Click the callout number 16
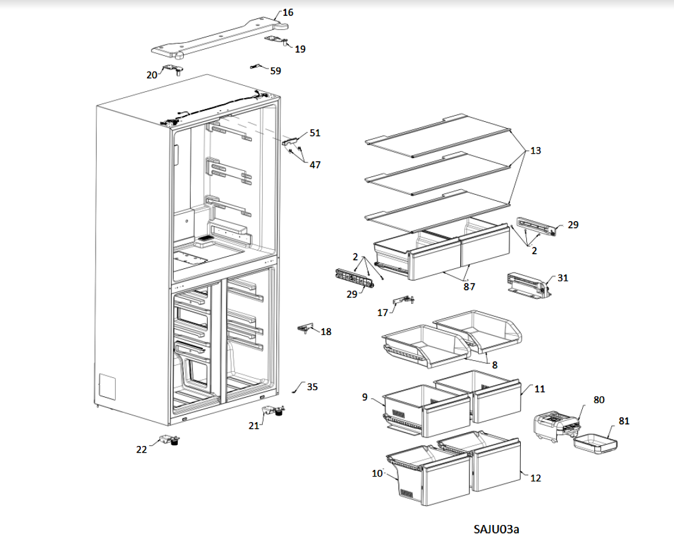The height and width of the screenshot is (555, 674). (287, 12)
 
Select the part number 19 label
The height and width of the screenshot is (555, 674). (300, 49)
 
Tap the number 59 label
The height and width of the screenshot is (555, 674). (276, 71)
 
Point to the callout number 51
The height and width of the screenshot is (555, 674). (315, 133)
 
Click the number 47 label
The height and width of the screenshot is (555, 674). (315, 165)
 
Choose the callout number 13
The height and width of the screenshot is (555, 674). (536, 151)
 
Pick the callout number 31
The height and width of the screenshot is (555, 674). (562, 278)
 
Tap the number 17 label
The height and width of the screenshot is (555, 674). (383, 312)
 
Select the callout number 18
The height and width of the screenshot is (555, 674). (326, 332)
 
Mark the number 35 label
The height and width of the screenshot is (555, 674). (312, 387)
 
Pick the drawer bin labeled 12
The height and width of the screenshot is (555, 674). (496, 467)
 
